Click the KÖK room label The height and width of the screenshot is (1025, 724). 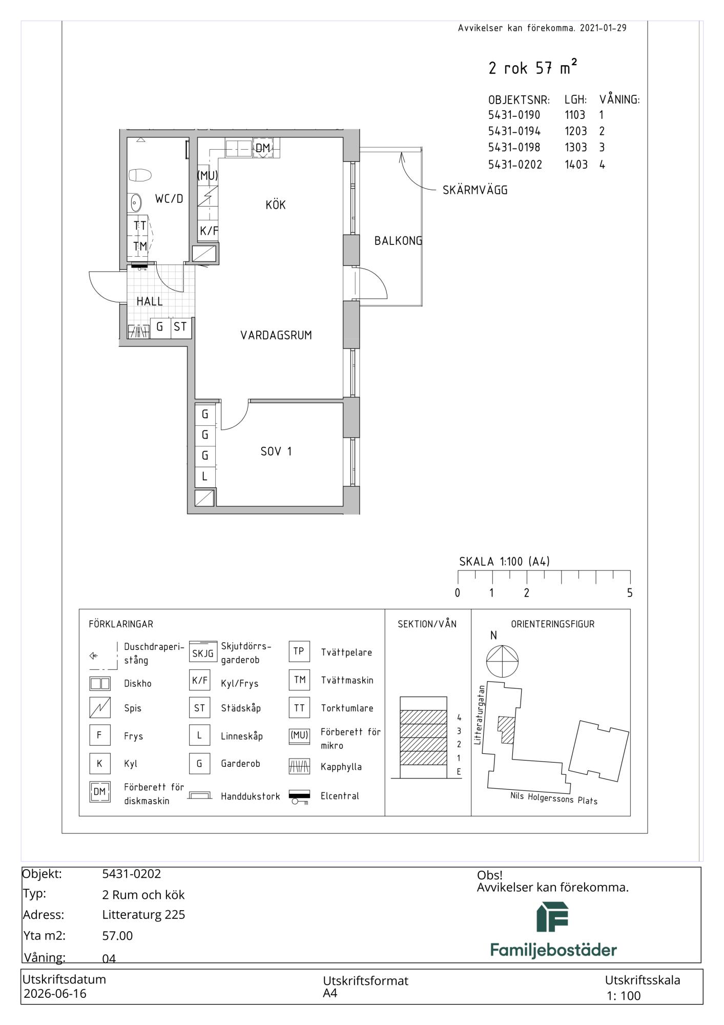click(276, 205)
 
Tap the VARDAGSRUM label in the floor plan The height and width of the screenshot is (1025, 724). click(276, 335)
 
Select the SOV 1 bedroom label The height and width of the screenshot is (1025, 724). click(276, 452)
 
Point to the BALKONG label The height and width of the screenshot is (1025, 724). click(398, 240)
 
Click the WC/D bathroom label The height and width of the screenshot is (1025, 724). click(169, 198)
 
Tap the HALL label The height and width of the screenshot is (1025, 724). click(150, 301)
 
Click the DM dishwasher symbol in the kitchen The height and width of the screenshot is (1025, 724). click(263, 148)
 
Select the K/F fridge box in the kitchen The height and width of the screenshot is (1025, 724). click(209, 231)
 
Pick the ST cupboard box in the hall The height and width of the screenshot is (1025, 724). click(180, 327)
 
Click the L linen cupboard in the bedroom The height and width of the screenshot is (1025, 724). click(204, 476)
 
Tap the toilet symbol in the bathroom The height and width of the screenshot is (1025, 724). click(140, 176)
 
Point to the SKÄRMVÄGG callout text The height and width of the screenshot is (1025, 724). click(475, 190)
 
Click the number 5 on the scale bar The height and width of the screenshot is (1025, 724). click(630, 593)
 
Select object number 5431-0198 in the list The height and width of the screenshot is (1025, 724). click(514, 148)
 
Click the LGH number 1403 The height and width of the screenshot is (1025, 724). click(576, 165)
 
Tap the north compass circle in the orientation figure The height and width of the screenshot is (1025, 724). click(502, 661)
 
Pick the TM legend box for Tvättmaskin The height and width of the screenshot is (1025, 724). click(299, 680)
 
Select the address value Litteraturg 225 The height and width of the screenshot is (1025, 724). click(143, 915)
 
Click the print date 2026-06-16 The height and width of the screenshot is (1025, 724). click(55, 994)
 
